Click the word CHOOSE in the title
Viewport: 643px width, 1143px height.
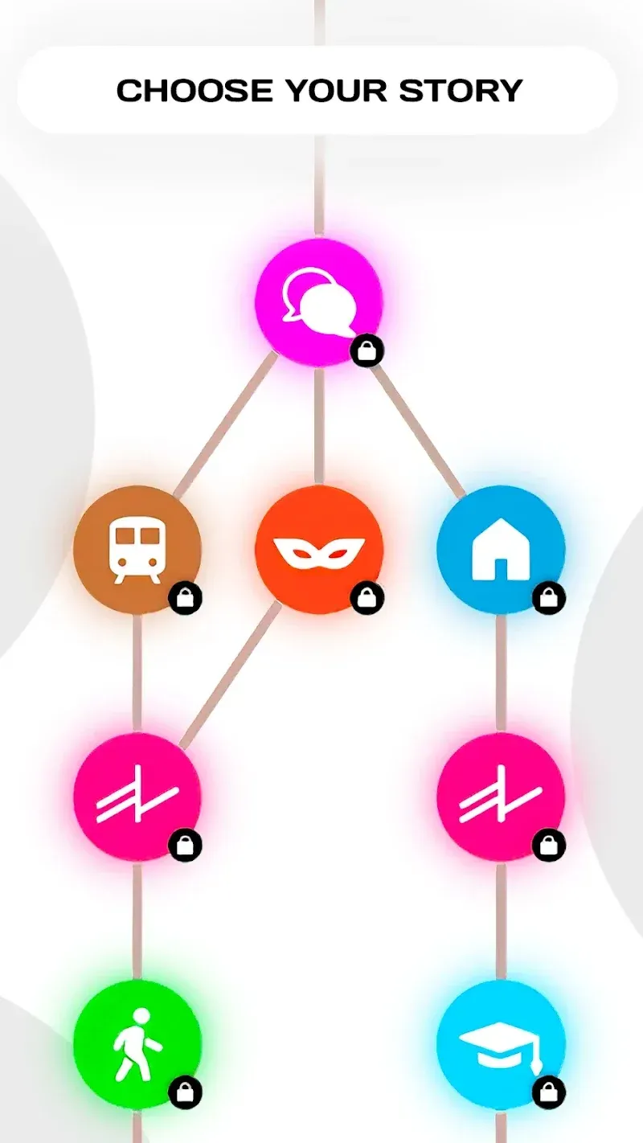click(195, 90)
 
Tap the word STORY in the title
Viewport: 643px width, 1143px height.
click(461, 90)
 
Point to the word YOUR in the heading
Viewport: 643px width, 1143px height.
click(336, 90)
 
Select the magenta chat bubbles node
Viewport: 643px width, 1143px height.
click(319, 302)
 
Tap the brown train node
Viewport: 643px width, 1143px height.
click(137, 550)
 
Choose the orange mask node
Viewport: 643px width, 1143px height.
click(319, 550)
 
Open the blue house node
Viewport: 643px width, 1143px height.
click(501, 550)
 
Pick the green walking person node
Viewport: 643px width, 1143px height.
click(137, 1044)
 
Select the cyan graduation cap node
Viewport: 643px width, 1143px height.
click(501, 1044)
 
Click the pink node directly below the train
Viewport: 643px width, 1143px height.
click(137, 797)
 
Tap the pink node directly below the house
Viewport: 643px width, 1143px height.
click(501, 797)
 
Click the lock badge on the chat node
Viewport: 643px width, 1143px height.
click(367, 350)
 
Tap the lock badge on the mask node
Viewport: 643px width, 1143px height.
click(367, 597)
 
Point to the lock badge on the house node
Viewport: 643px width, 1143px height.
click(549, 597)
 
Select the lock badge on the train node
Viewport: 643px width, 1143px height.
click(185, 597)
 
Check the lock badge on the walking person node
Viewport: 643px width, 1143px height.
click(185, 1092)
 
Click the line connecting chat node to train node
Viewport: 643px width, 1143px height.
click(225, 425)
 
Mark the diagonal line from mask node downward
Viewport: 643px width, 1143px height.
click(230, 675)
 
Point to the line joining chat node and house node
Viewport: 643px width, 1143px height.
click(417, 430)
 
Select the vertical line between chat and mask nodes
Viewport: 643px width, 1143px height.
click(319, 425)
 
